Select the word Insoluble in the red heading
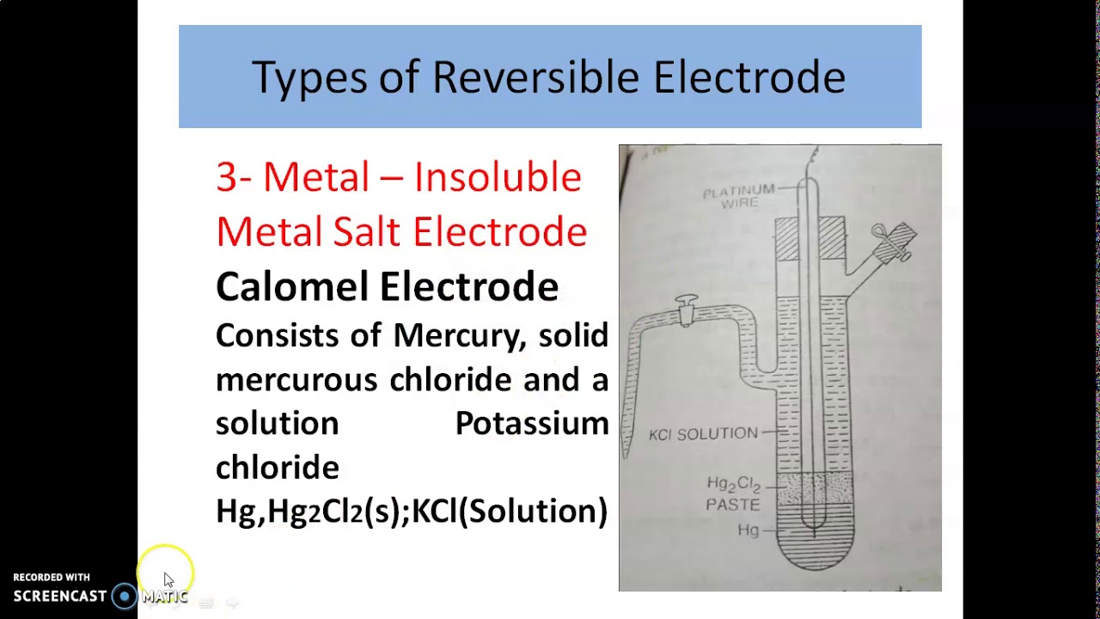497,178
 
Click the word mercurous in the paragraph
296,379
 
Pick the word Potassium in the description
531,423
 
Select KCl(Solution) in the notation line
510,511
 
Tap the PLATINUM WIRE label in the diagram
738,197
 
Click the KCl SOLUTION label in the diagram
703,434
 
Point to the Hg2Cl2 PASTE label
733,494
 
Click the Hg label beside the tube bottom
748,530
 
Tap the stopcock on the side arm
686,309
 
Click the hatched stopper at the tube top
810,237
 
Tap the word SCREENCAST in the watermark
60,596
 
